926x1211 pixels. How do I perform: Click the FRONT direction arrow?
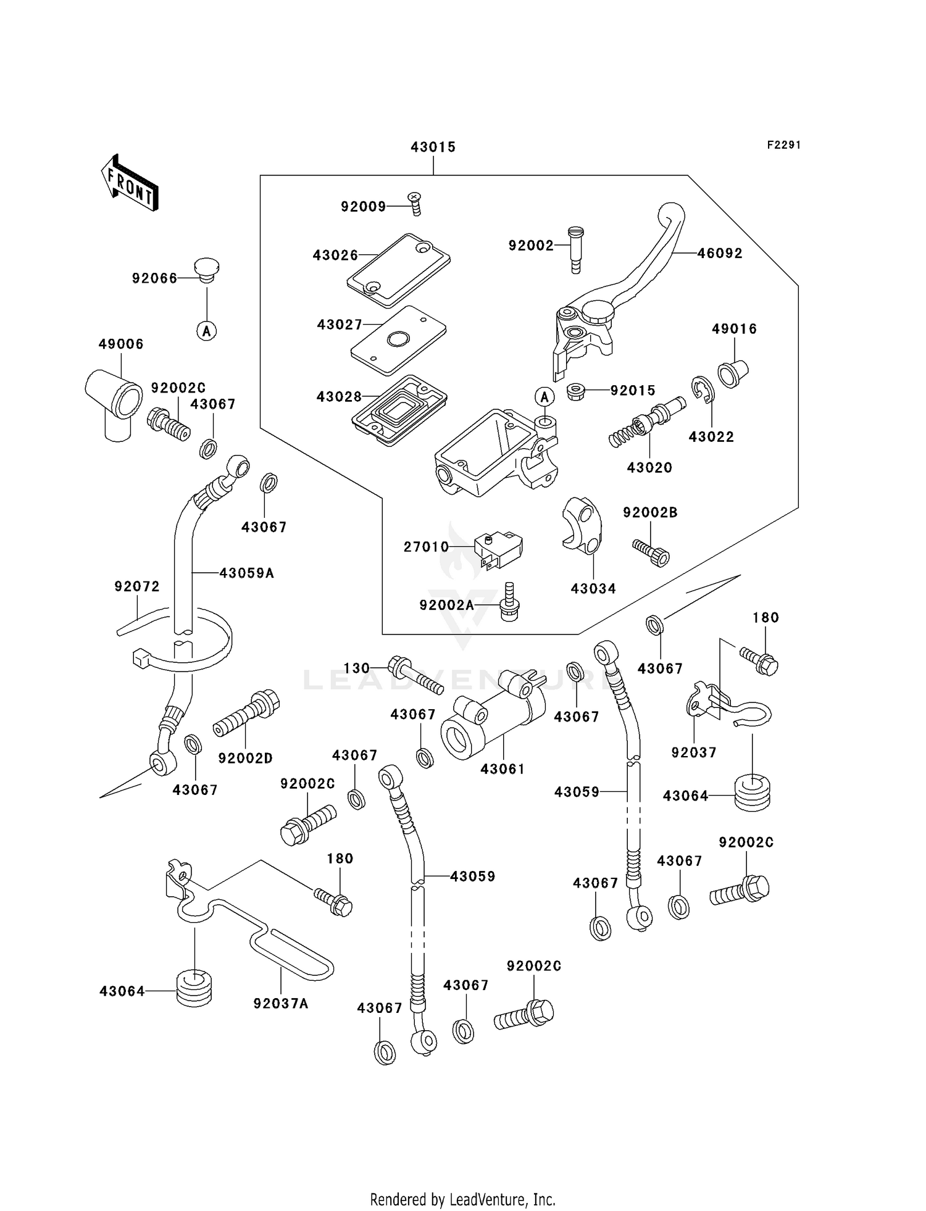pos(130,183)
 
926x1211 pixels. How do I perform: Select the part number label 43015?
pos(433,147)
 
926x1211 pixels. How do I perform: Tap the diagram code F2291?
pos(783,145)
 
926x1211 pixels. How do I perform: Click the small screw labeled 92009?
pos(415,204)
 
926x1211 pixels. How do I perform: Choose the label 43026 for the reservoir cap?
pos(335,255)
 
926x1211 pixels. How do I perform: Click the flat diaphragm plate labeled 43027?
pos(398,340)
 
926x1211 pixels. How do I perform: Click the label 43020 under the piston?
pos(649,467)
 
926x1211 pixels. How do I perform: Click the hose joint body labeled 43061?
pos(493,716)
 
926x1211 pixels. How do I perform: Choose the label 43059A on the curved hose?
pos(246,573)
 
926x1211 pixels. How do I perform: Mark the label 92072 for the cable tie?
pos(137,586)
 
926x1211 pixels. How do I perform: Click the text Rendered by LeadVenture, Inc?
pos(462,1199)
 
